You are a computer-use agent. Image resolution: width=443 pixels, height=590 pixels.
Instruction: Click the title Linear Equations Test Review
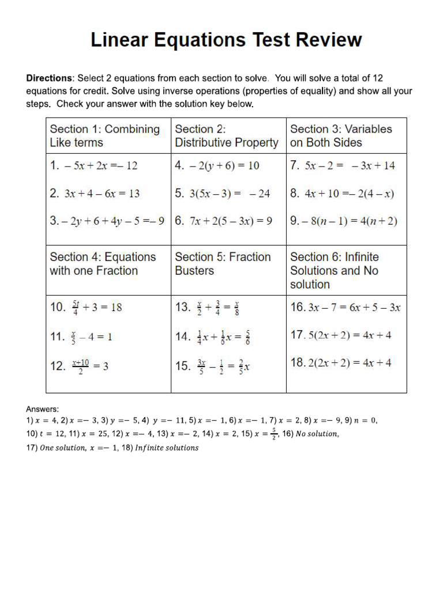pos(226,40)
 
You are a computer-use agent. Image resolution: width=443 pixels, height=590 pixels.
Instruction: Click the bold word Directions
pos(50,78)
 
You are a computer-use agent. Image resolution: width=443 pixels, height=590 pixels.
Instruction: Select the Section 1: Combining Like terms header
pos(104,136)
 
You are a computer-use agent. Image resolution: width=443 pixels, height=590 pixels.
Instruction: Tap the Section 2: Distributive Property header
pos(226,136)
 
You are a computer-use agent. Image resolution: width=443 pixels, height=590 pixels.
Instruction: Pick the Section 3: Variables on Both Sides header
pos(341,136)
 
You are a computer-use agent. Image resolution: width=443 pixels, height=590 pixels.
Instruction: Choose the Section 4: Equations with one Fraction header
pos(103,264)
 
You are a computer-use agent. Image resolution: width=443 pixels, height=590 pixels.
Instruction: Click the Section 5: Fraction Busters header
pos(223,264)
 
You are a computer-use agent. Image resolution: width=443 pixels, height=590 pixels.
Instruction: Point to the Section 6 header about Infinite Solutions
pos(335,270)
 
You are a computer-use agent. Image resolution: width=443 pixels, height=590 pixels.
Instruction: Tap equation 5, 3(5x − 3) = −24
pos(223,194)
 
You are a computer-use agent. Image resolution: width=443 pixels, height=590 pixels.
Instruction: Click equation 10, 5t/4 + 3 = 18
pos(87,307)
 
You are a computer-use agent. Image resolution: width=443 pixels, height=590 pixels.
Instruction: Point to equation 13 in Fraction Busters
pos(208,307)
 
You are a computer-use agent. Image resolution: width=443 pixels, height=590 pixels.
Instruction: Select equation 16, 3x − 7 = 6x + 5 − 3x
pos(346,307)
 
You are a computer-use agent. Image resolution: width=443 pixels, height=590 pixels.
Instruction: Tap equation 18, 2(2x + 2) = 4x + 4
pos(341,362)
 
